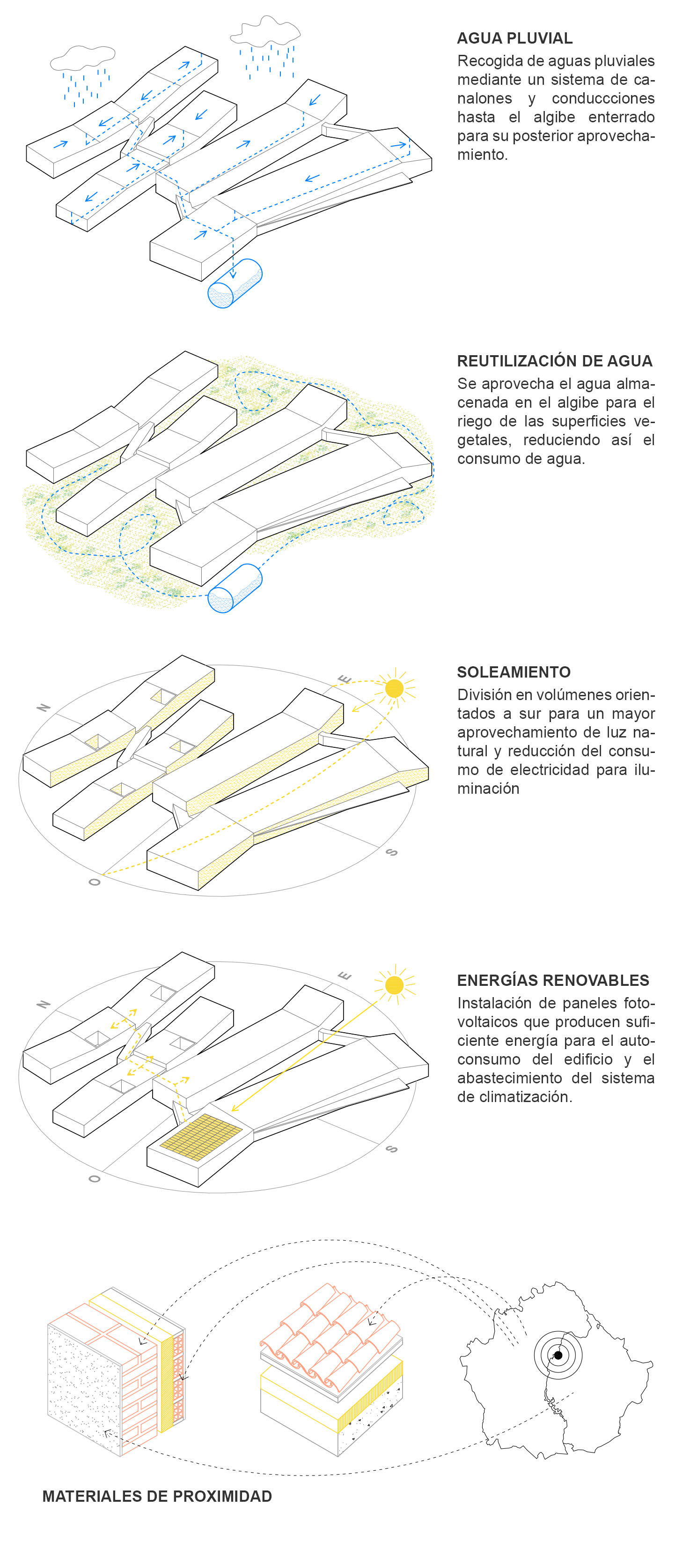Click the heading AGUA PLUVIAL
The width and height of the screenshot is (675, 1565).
(515, 38)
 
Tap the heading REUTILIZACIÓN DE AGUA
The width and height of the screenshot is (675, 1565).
(555, 361)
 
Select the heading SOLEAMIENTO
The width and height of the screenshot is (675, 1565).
(514, 672)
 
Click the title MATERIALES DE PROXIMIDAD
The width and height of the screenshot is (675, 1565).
(157, 1496)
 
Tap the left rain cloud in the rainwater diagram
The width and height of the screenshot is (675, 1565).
(82, 58)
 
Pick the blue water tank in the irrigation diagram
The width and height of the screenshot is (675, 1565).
(235, 588)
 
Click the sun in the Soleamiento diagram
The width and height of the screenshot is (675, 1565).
(395, 688)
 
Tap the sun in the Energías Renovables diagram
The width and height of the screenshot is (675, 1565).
(395, 985)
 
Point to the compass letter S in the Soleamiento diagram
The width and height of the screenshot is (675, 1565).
(392, 852)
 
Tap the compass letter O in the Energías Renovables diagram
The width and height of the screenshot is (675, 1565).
(94, 1178)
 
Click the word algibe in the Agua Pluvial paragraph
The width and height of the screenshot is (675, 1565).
(554, 117)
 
